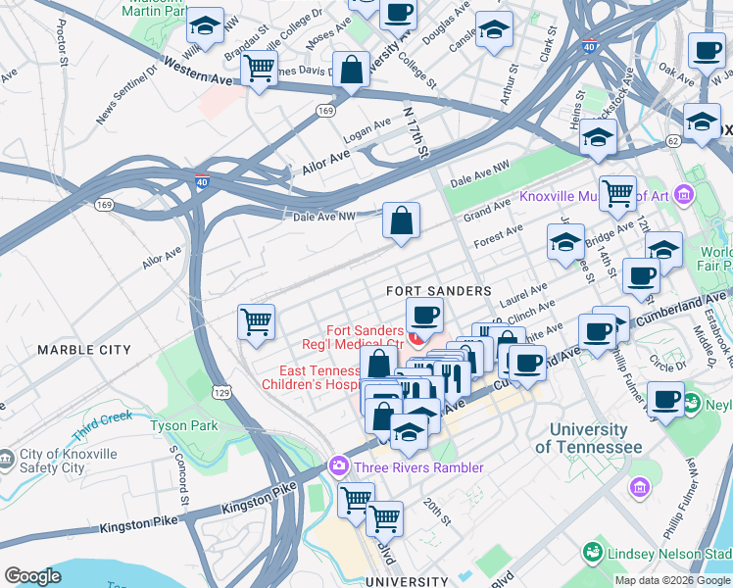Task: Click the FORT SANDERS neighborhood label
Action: click(x=438, y=291)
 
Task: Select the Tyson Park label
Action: click(x=184, y=426)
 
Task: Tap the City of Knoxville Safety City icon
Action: click(x=7, y=459)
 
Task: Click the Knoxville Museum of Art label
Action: click(x=593, y=196)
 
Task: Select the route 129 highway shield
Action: click(x=224, y=392)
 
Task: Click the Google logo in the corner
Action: click(x=32, y=576)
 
